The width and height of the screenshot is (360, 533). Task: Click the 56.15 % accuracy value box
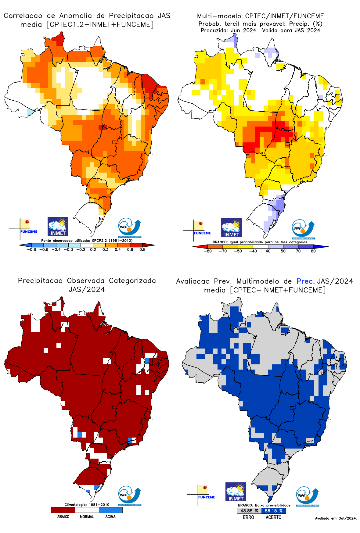(x=274, y=511)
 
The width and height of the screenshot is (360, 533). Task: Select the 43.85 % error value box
(x=249, y=511)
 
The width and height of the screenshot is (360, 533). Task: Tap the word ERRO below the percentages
(x=248, y=517)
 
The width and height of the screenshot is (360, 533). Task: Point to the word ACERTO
(x=273, y=517)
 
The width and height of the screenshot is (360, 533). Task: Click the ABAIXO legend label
(x=63, y=517)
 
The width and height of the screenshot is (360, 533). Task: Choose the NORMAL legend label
(x=87, y=517)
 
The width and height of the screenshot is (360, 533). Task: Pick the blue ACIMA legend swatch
(x=110, y=510)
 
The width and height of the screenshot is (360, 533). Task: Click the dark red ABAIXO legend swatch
(x=63, y=510)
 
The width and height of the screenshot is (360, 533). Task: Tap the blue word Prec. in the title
(x=305, y=281)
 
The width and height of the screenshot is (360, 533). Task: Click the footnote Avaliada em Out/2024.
(x=336, y=518)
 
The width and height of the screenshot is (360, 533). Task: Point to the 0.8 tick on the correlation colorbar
(x=142, y=250)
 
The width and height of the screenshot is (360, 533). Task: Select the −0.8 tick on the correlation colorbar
(x=31, y=250)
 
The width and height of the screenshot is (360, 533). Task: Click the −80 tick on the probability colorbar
(x=207, y=251)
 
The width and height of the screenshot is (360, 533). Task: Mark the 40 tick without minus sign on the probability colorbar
(x=268, y=251)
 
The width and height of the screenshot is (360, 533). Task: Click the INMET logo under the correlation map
(x=58, y=226)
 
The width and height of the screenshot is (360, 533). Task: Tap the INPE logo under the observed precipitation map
(x=130, y=496)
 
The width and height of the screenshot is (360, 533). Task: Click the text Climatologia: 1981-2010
(x=87, y=505)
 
